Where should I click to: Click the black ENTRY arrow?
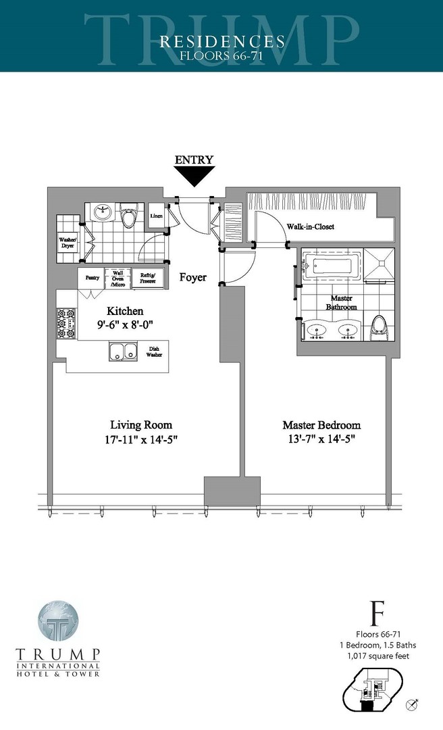pyautogui.click(x=194, y=176)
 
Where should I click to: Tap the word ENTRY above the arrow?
pyautogui.click(x=194, y=160)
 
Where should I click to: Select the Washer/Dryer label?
pyautogui.click(x=68, y=242)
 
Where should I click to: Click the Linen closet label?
pyautogui.click(x=156, y=216)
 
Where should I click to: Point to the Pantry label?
pyautogui.click(x=92, y=278)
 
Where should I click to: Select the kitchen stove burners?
pyautogui.click(x=66, y=324)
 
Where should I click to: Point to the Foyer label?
pyautogui.click(x=193, y=277)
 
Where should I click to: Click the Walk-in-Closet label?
pyautogui.click(x=310, y=227)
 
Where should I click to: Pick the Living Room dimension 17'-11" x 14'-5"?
pyautogui.click(x=141, y=439)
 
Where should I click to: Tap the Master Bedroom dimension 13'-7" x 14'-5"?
pyautogui.click(x=321, y=439)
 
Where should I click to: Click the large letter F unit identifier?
pyautogui.click(x=377, y=616)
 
